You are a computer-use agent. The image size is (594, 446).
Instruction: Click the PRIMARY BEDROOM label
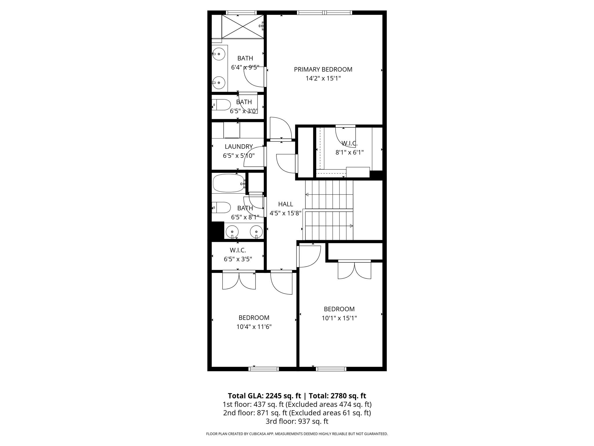pyautogui.click(x=323, y=69)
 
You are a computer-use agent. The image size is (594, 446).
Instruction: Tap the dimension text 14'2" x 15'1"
pyautogui.click(x=323, y=78)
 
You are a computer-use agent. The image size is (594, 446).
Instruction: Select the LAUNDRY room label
pyautogui.click(x=239, y=147)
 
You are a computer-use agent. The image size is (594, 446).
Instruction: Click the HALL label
pyautogui.click(x=285, y=204)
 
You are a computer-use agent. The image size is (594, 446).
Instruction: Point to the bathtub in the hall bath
pyautogui.click(x=229, y=183)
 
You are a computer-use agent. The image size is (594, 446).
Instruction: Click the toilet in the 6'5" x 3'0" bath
pyautogui.click(x=222, y=105)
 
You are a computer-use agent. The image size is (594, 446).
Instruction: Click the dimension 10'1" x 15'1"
pyautogui.click(x=339, y=318)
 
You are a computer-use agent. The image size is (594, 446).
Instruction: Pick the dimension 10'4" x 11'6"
pyautogui.click(x=254, y=327)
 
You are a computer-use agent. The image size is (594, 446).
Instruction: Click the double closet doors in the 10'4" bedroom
pyautogui.click(x=239, y=280)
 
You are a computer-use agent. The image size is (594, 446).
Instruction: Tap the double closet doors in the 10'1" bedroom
pyautogui.click(x=354, y=270)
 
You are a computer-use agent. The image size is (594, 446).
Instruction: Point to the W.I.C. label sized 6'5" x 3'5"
pyautogui.click(x=238, y=250)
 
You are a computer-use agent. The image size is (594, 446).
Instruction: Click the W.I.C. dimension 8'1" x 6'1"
pyautogui.click(x=349, y=152)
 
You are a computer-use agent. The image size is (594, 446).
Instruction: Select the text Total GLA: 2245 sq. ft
pyautogui.click(x=265, y=396)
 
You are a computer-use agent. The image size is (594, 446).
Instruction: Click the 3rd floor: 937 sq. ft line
pyautogui.click(x=297, y=421)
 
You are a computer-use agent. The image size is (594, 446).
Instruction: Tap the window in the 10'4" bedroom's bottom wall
pyautogui.click(x=264, y=369)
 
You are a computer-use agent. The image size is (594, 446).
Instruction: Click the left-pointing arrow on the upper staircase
pyautogui.click(x=307, y=195)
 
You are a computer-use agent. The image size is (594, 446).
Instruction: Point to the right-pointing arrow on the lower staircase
pyautogui.click(x=351, y=226)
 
